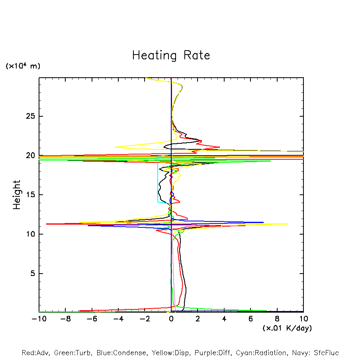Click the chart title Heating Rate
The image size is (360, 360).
click(x=171, y=55)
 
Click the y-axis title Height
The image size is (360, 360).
click(x=17, y=195)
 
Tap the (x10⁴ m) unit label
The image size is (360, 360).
click(x=23, y=66)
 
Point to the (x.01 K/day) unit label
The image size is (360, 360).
click(x=287, y=328)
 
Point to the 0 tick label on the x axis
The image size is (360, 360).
click(x=171, y=319)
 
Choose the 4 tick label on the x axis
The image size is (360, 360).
click(x=224, y=319)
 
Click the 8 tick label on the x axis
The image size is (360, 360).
click(x=277, y=319)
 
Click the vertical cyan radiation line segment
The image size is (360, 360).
click(x=158, y=179)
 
